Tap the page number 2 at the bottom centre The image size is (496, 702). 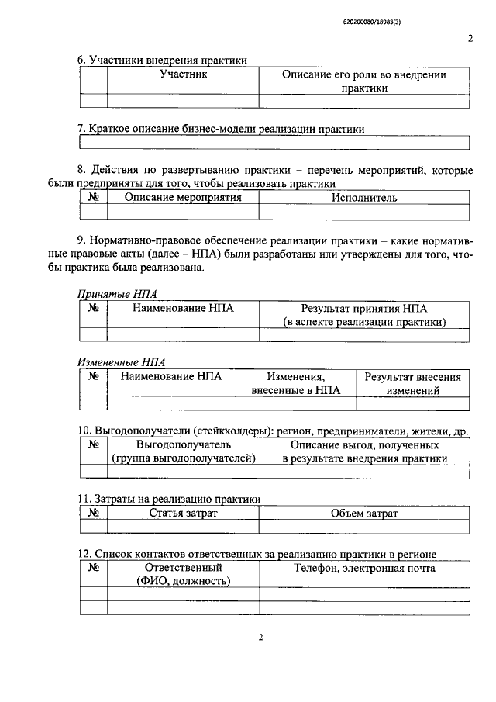(261, 638)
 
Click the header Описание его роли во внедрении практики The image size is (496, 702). (364, 81)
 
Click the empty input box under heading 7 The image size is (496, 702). (274, 142)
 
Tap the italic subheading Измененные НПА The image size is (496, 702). (122, 361)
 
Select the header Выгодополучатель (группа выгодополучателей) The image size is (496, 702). (183, 452)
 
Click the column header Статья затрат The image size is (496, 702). (183, 514)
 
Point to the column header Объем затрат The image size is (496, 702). (364, 514)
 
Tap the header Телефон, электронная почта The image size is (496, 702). (364, 569)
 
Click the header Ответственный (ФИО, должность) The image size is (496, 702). (183, 575)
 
